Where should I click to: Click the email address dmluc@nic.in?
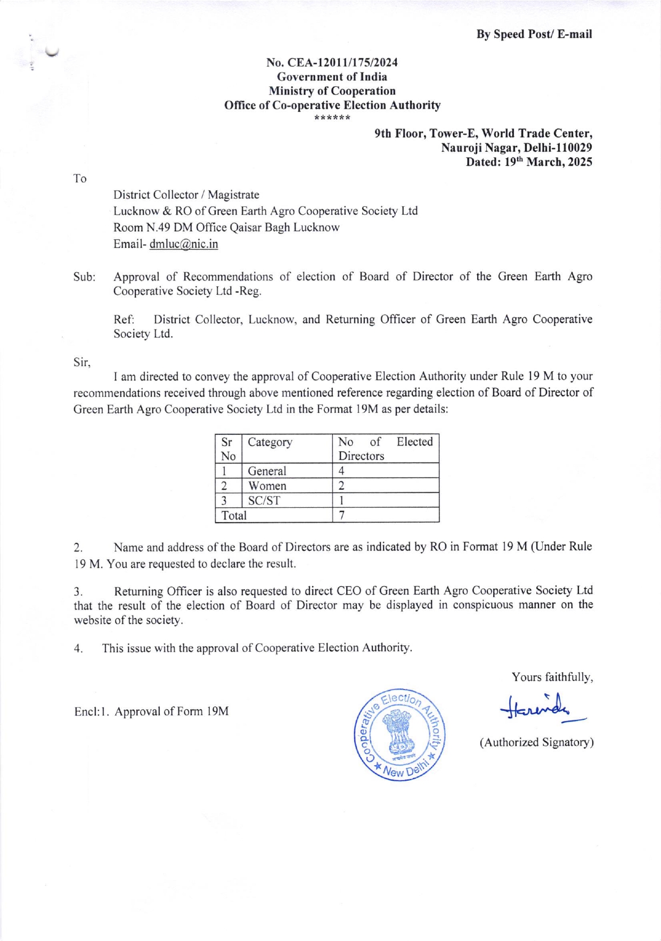click(184, 244)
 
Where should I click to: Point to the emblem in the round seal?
click(399, 733)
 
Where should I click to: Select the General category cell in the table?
click(267, 471)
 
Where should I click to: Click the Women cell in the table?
click(267, 486)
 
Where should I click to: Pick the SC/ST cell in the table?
click(264, 500)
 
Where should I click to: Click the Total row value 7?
click(342, 515)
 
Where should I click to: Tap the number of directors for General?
click(341, 471)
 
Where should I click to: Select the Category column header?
click(270, 442)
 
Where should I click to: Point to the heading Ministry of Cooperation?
click(332, 91)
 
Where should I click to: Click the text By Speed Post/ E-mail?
click(534, 34)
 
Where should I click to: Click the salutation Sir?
click(82, 362)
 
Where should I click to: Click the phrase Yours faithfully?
click(552, 677)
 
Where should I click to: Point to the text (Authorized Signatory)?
click(536, 742)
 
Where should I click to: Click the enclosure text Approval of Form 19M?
click(172, 711)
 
